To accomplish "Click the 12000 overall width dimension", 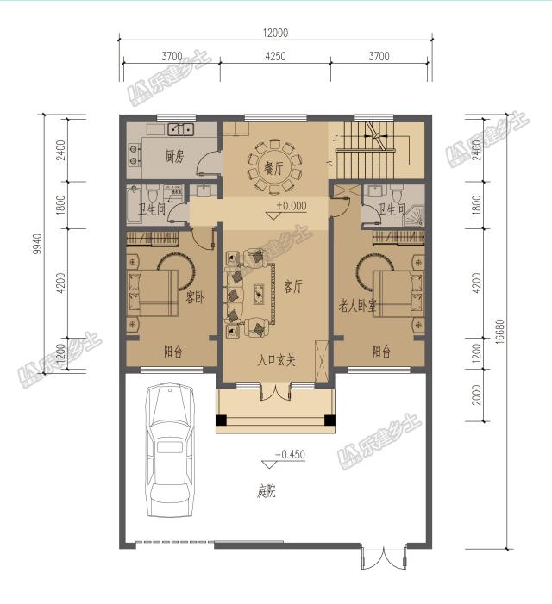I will (x=276, y=33).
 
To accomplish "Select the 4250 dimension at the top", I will (x=274, y=57).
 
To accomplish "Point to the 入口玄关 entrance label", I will (x=276, y=360).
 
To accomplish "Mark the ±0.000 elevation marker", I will (x=292, y=207).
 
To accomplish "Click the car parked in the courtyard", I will (x=170, y=448).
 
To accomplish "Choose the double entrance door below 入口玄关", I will (x=274, y=391).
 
